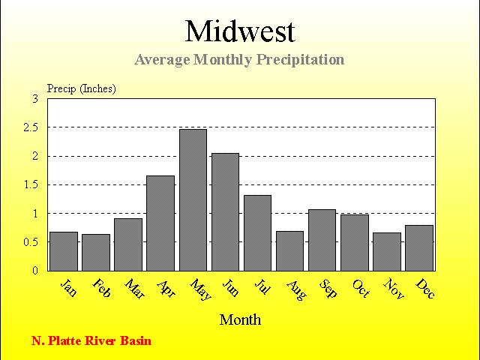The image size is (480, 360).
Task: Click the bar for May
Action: (193, 200)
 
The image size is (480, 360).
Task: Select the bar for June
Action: (225, 211)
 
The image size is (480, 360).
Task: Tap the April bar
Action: (160, 223)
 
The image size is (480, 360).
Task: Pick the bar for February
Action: (96, 253)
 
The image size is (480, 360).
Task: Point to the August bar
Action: (289, 251)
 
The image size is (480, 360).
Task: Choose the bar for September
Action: (322, 240)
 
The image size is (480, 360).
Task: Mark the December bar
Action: (419, 248)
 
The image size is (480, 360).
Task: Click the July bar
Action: (257, 233)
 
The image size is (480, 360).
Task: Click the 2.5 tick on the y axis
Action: (31, 127)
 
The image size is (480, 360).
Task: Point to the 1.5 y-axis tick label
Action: (31, 185)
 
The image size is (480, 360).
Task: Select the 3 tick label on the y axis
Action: (35, 99)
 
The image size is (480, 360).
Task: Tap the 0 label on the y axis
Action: (35, 271)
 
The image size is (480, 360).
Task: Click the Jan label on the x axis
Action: (68, 287)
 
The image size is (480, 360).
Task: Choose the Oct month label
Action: (361, 288)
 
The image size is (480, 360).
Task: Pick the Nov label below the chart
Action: (394, 288)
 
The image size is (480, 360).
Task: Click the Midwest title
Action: (240, 31)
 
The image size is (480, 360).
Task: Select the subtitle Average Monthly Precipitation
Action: (239, 60)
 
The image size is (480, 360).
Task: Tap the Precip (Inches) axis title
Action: (82, 88)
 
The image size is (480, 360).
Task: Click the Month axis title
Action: (240, 319)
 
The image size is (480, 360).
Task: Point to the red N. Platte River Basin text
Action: (91, 340)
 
